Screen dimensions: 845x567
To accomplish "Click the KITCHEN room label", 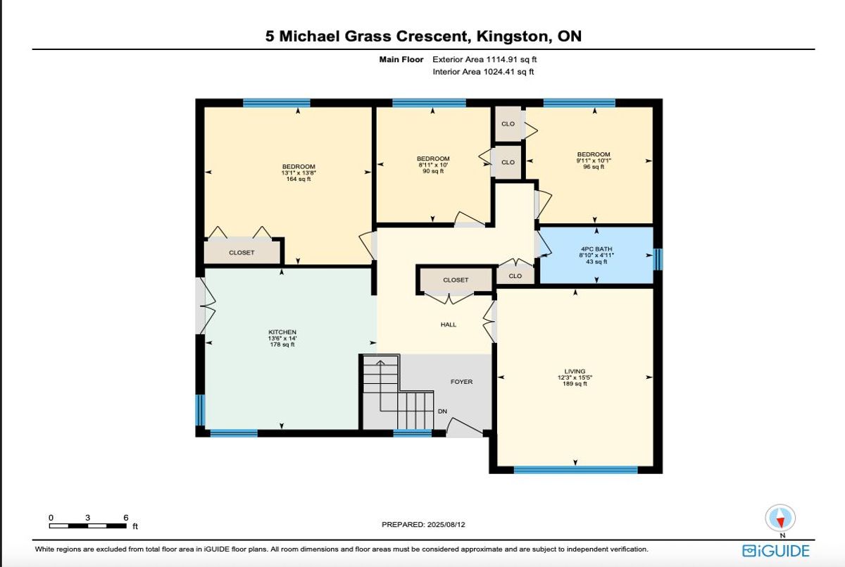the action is (x=282, y=332).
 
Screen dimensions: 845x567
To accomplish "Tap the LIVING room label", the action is (x=575, y=371).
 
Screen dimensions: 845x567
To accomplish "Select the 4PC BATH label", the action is (x=596, y=249).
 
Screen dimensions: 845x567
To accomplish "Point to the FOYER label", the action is (x=461, y=382).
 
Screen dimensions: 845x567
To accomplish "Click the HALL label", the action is (x=448, y=325).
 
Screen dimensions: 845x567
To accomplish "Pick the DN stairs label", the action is (x=442, y=411).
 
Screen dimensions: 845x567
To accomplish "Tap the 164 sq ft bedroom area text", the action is (x=299, y=179).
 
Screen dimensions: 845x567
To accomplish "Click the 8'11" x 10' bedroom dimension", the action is (x=432, y=165).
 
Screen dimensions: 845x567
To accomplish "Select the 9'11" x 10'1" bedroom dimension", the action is (x=594, y=161).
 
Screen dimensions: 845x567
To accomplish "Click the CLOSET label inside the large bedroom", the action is (x=242, y=252).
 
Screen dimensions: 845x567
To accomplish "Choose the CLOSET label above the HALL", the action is (x=456, y=280).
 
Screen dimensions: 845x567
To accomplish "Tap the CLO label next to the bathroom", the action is (x=515, y=276).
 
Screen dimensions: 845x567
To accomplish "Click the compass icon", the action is (x=780, y=518).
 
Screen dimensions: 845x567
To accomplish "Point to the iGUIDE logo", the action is (x=776, y=552).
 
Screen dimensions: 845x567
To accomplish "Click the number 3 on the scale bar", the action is (x=87, y=518).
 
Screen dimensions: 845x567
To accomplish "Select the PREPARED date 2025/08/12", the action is (x=446, y=524).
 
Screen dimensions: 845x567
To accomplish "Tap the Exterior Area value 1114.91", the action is (x=500, y=59).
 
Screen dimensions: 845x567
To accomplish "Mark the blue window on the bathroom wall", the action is (x=658, y=259).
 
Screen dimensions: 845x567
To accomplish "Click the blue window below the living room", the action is (x=576, y=470).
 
